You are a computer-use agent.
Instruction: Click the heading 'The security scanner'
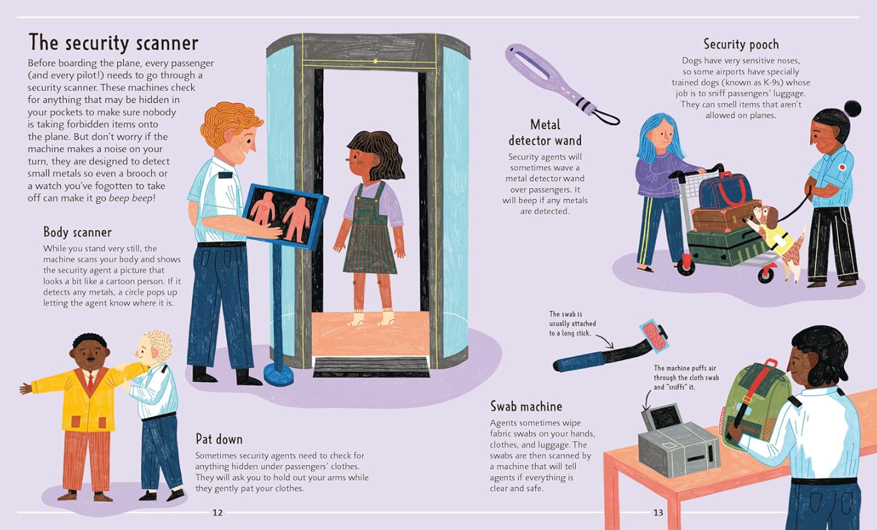pyautogui.click(x=113, y=43)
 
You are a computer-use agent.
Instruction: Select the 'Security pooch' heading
pyautogui.click(x=741, y=45)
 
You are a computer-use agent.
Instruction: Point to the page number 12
pyautogui.click(x=217, y=512)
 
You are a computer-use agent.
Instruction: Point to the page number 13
pyautogui.click(x=658, y=512)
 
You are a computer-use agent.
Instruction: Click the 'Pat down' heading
pyautogui.click(x=219, y=439)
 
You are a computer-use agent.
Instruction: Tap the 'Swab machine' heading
pyautogui.click(x=526, y=406)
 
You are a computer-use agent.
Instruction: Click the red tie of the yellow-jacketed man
pyautogui.click(x=90, y=382)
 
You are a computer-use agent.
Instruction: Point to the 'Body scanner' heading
pyautogui.click(x=77, y=233)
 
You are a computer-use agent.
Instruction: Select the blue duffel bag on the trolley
pyautogui.click(x=726, y=191)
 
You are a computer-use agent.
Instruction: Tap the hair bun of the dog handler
pyautogui.click(x=852, y=109)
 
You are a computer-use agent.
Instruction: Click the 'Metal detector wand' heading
pyautogui.click(x=545, y=132)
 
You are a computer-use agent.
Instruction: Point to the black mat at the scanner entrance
pyautogui.click(x=371, y=367)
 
